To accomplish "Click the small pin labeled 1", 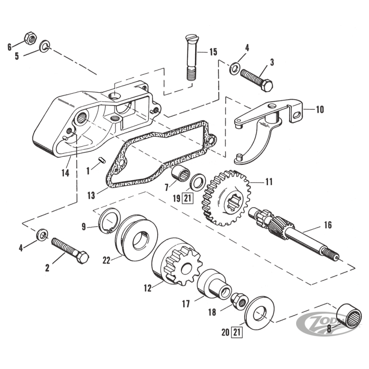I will pyautogui.click(x=102, y=160).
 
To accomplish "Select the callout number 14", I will pyautogui.click(x=65, y=173).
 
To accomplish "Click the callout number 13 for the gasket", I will pyautogui.click(x=91, y=196).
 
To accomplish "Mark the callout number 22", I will pyautogui.click(x=107, y=261).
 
